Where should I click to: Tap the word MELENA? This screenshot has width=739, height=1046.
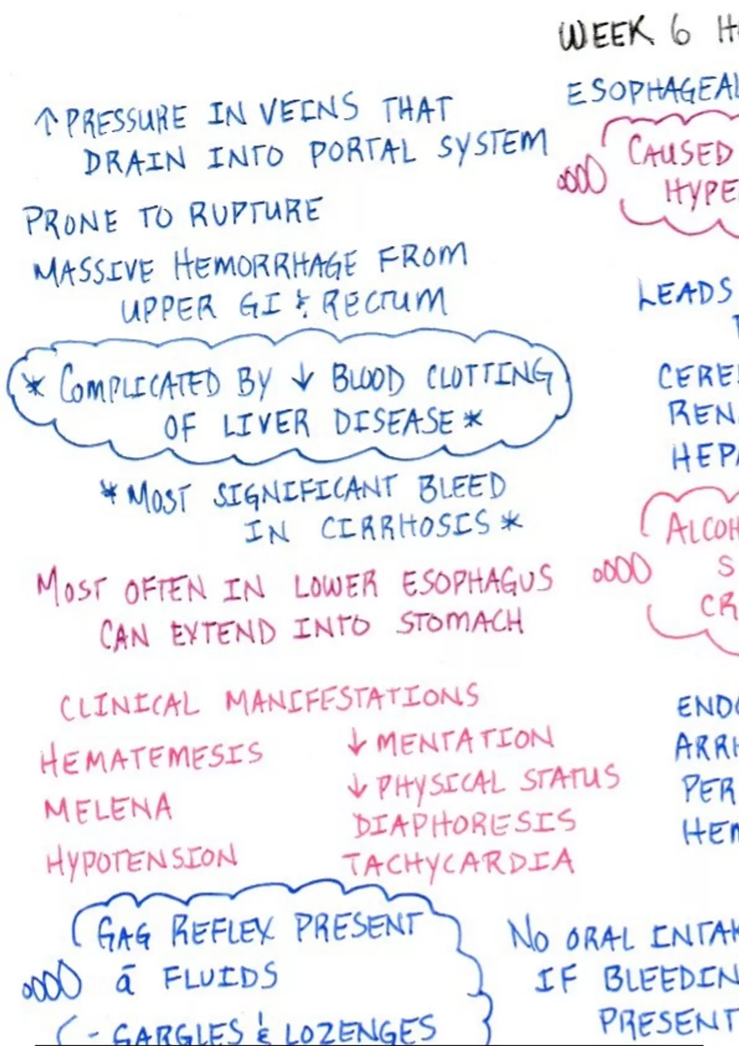108,808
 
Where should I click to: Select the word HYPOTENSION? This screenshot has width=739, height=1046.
141,860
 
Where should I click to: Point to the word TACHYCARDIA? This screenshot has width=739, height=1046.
459,863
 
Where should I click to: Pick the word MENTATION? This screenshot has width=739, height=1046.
464,741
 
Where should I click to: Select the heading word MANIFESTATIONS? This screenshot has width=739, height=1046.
351,700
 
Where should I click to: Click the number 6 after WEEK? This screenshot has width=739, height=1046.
680,32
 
